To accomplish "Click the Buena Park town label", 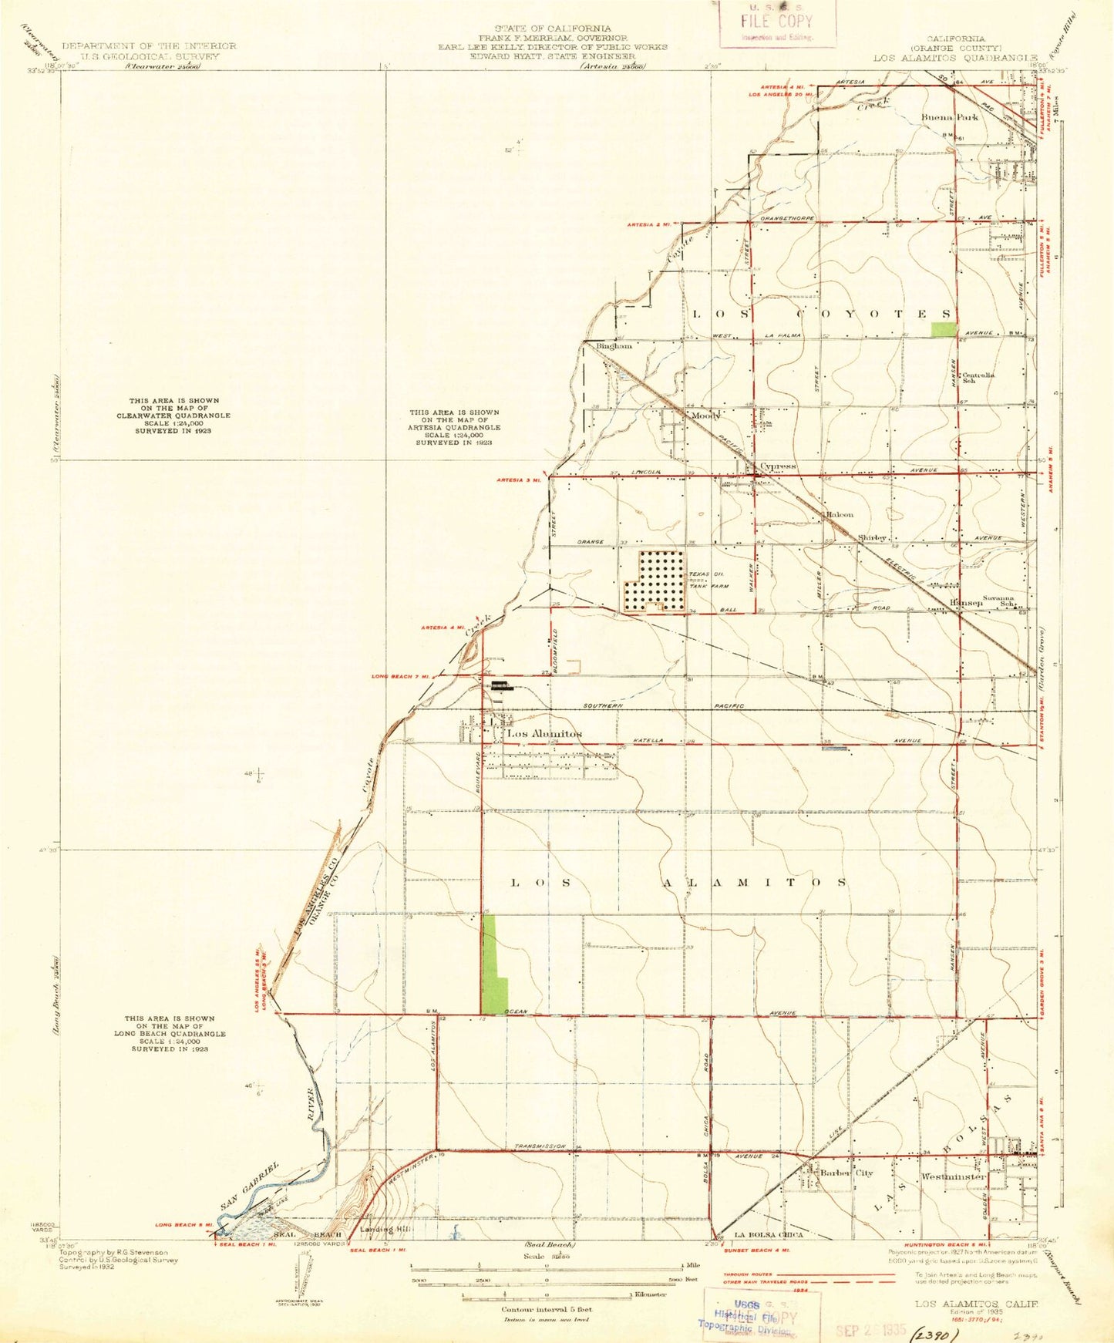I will click(950, 117).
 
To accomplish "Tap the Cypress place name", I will click(777, 466).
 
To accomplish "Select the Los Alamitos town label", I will click(544, 734).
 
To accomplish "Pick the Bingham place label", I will click(614, 346).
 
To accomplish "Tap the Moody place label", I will click(705, 416).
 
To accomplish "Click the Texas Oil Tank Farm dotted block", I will click(655, 581).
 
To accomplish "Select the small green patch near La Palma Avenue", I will click(942, 329).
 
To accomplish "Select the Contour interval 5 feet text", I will click(546, 1309).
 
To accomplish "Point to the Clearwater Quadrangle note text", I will click(174, 416).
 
